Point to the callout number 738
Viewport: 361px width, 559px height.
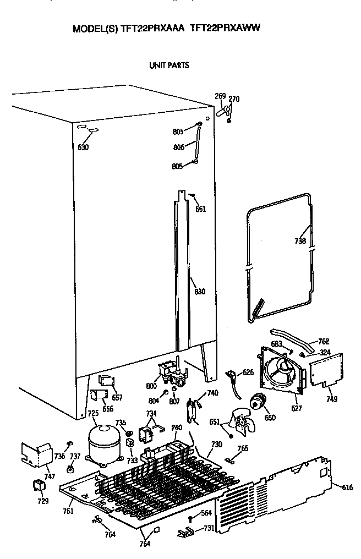coord(299,241)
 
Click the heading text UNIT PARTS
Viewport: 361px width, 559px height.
coord(169,65)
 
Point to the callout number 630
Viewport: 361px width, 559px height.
coord(83,147)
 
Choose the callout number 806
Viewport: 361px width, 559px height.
coord(178,147)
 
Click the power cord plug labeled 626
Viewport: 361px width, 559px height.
coord(233,379)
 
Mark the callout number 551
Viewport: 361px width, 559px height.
coord(200,209)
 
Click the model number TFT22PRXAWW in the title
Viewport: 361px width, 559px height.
coord(225,29)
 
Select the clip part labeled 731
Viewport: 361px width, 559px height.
coord(187,532)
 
